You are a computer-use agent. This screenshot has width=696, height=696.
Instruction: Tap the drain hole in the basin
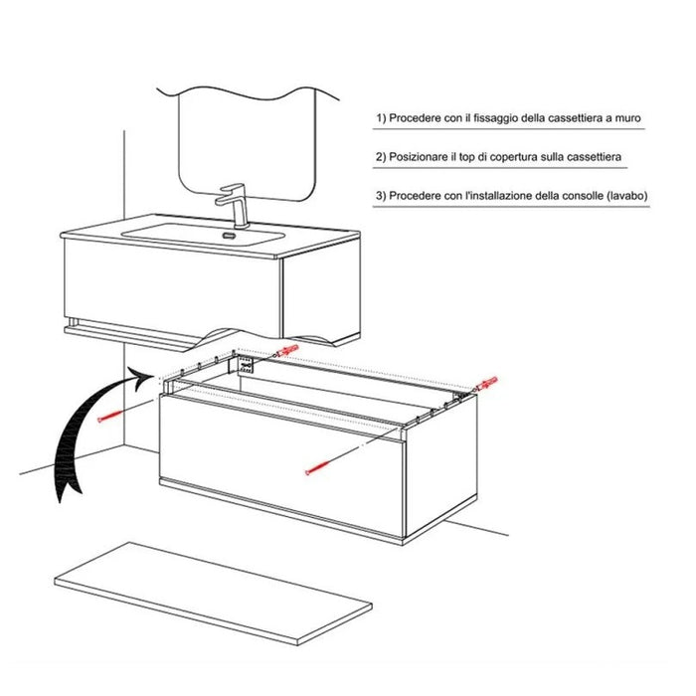(x=229, y=235)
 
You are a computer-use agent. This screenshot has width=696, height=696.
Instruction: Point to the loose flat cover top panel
(x=213, y=593)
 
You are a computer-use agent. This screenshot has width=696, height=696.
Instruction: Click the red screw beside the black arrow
(x=109, y=417)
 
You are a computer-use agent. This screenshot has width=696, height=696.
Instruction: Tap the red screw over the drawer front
(x=318, y=467)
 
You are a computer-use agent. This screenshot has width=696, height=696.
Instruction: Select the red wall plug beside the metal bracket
(x=286, y=350)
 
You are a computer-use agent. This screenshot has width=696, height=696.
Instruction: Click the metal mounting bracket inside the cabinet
(x=242, y=365)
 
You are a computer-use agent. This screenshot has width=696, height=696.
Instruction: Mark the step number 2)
(x=381, y=157)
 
